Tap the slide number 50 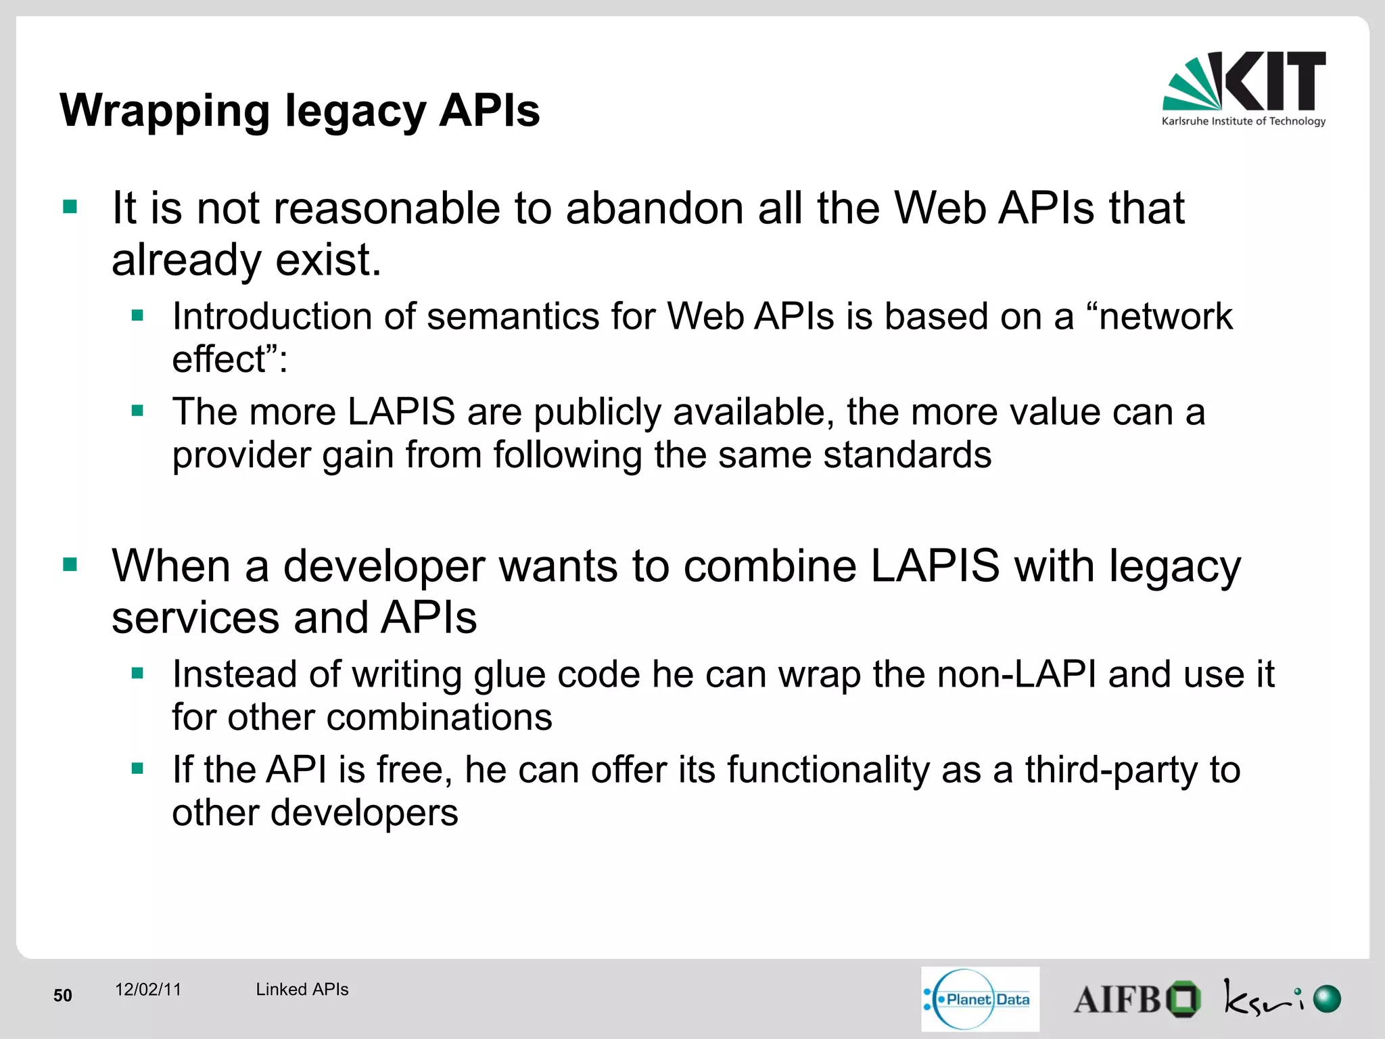pos(63,995)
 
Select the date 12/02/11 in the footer pos(148,990)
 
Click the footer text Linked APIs pos(302,990)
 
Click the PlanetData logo pos(980,999)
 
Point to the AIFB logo pos(1136,999)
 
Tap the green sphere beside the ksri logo pos(1327,999)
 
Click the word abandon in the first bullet pos(654,208)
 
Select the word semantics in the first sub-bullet pos(513,317)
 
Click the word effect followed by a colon pos(229,359)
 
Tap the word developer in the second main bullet pos(383,566)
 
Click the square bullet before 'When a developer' pos(70,565)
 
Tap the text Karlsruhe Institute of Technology pos(1243,122)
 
